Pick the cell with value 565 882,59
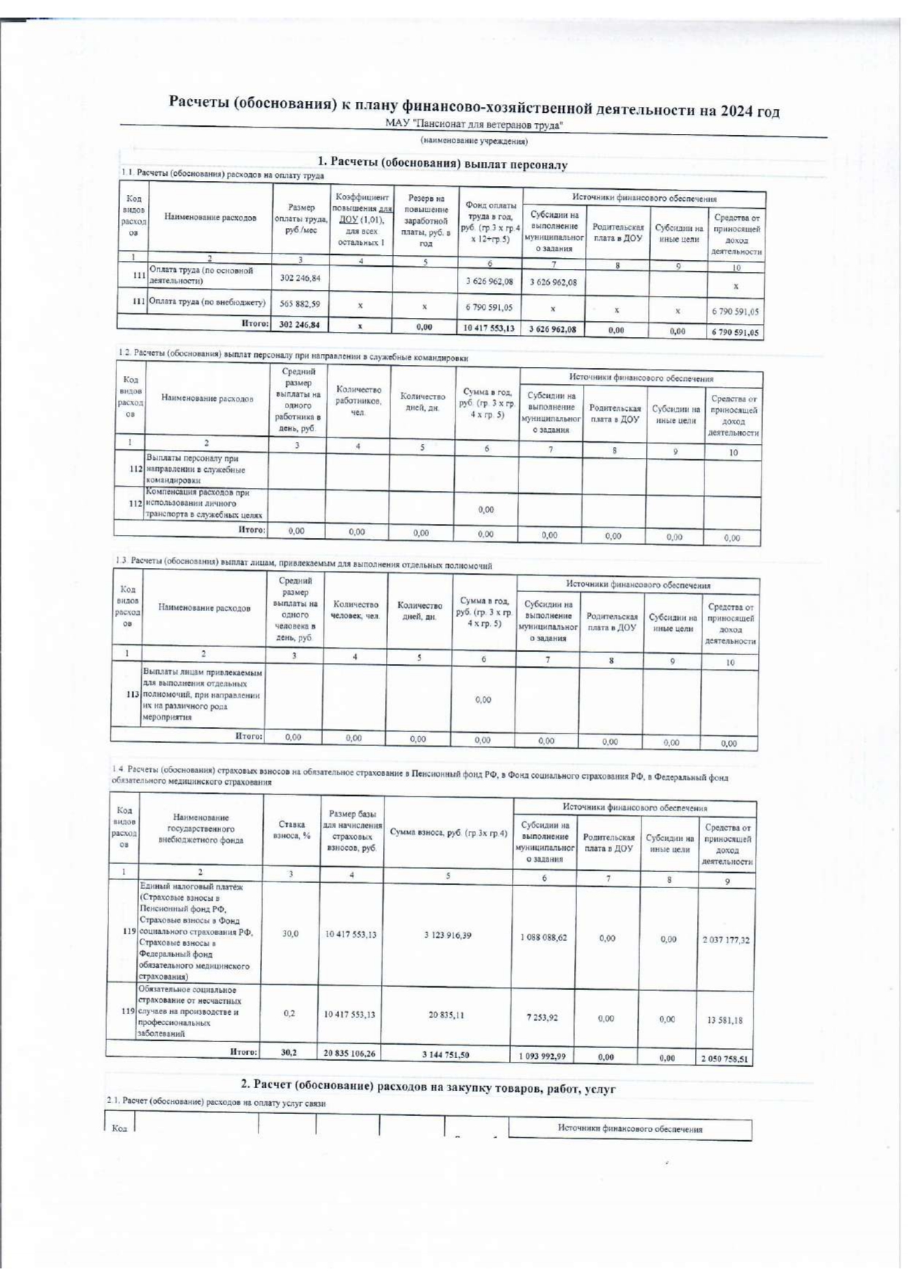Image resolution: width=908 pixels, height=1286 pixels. click(x=299, y=303)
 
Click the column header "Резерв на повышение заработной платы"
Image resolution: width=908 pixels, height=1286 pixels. click(x=425, y=220)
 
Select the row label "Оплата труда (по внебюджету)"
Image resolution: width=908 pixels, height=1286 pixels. click(x=207, y=301)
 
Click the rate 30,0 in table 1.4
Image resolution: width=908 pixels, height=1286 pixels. click(x=290, y=934)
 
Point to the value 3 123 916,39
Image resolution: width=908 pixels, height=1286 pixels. click(x=448, y=935)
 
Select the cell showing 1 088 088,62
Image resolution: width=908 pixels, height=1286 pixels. click(x=543, y=937)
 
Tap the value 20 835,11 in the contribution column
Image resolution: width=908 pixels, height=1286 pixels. click(x=447, y=1015)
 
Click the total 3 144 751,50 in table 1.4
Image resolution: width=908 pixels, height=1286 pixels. click(x=445, y=1054)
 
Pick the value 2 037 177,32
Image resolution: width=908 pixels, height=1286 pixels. click(x=726, y=939)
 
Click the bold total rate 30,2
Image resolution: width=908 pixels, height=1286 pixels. click(x=289, y=1052)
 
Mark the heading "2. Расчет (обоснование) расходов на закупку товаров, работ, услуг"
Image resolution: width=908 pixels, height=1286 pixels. click(x=428, y=1088)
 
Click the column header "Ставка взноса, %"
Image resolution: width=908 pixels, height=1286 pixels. click(x=291, y=829)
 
